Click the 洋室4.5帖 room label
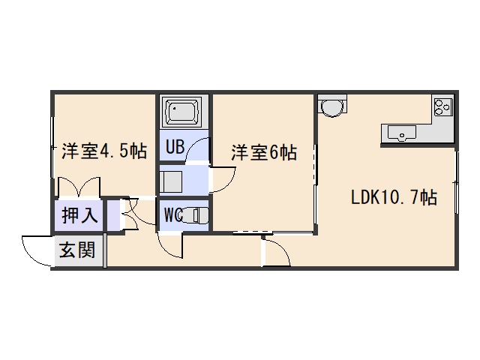(103, 151)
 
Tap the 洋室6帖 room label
(263, 153)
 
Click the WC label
(173, 215)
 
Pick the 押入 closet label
(79, 216)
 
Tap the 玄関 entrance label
(78, 250)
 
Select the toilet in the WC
(196, 215)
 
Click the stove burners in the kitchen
(442, 107)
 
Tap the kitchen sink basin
(403, 133)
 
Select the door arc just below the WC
(169, 244)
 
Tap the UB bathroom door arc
(196, 150)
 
